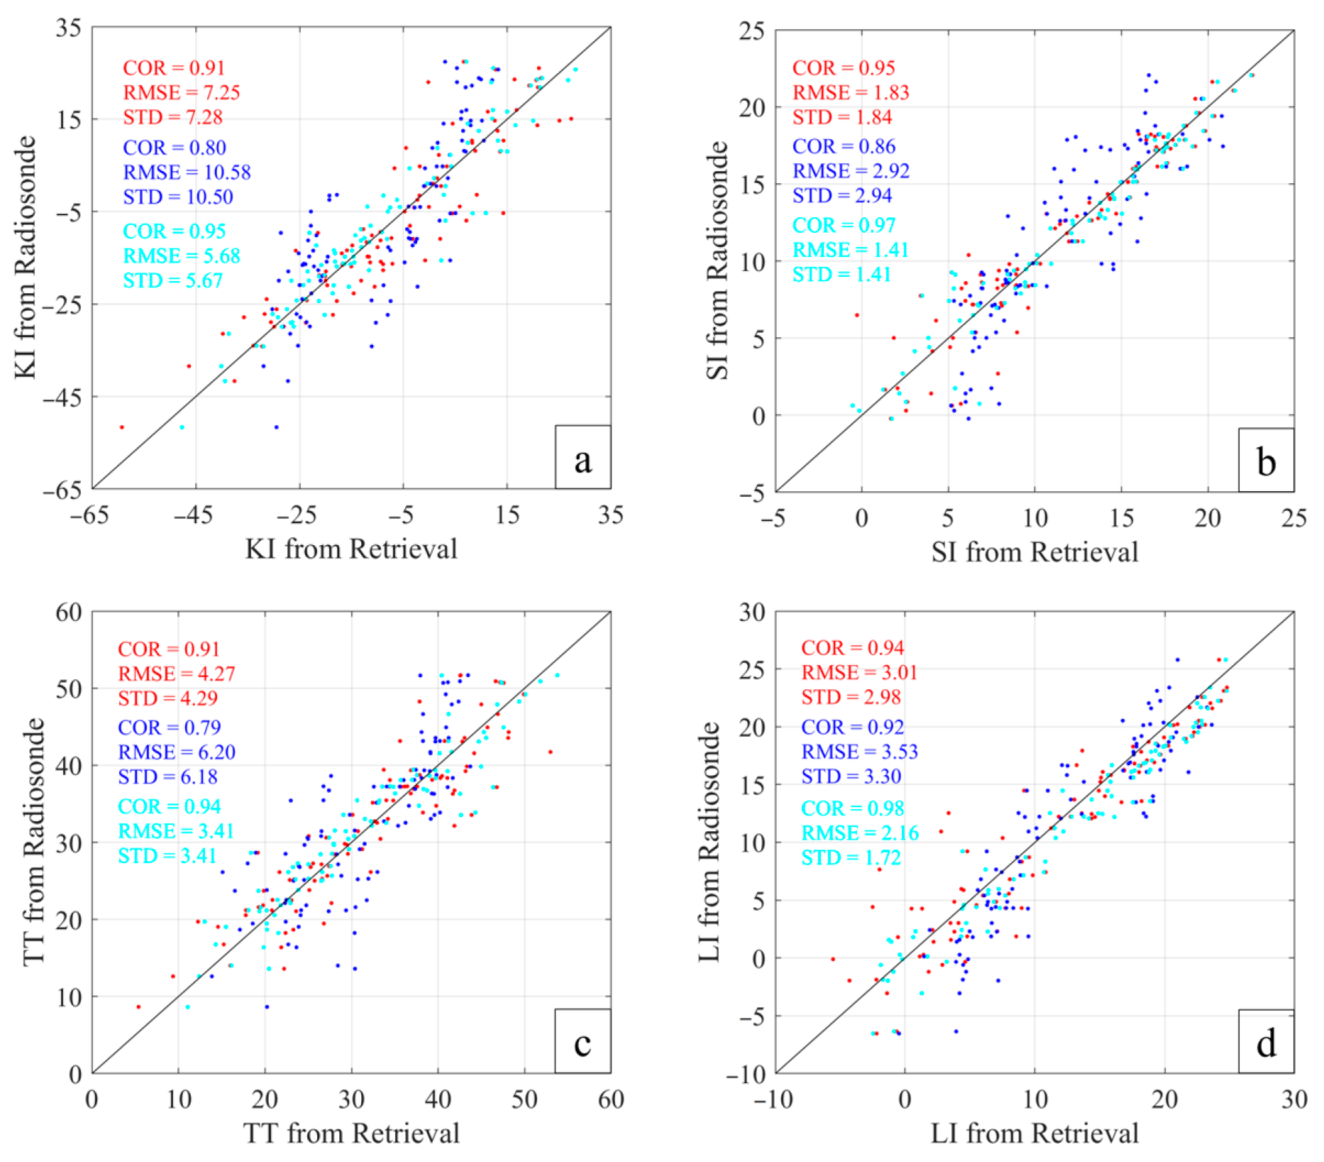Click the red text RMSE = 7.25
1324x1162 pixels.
point(181,92)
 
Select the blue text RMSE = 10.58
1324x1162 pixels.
point(187,172)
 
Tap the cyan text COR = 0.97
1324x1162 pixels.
point(844,225)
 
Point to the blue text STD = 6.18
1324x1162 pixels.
point(167,777)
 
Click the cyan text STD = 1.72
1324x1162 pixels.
point(851,857)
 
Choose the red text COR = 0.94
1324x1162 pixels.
point(852,647)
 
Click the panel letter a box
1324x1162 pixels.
point(583,458)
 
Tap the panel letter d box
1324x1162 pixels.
point(1266,1041)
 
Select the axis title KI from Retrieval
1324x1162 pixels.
point(351,549)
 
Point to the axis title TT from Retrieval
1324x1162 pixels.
point(351,1133)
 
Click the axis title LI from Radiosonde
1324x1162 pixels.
point(710,842)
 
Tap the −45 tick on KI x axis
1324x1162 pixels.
point(193,515)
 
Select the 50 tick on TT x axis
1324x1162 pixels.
point(524,1100)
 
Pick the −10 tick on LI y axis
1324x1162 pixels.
point(744,1074)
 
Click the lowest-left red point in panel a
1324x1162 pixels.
point(122,427)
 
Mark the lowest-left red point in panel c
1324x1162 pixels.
point(138,1007)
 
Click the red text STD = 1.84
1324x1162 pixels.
point(842,117)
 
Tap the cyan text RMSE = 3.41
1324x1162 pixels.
point(176,831)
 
